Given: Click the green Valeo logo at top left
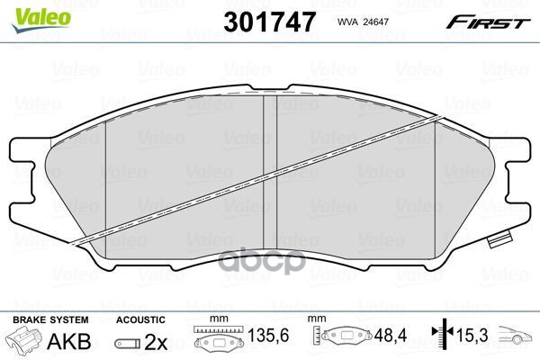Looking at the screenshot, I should click(x=30, y=12).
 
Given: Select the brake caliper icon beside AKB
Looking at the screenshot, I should click(x=24, y=342).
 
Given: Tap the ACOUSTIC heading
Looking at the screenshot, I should click(x=140, y=319).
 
